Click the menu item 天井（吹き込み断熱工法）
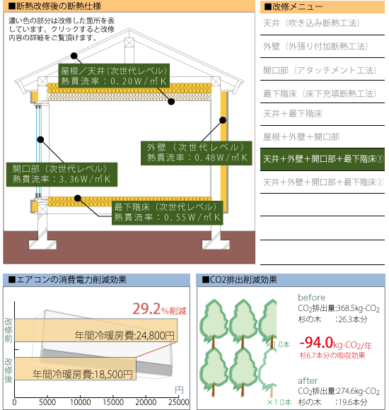click(311, 23)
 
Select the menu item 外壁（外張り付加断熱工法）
click(315, 47)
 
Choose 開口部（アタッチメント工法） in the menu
click(320, 70)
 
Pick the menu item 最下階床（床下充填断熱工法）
click(320, 93)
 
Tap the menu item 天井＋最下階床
click(293, 114)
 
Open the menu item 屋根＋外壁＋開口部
click(301, 136)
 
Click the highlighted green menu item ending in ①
click(323, 159)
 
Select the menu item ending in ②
click(323, 182)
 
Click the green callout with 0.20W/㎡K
click(114, 76)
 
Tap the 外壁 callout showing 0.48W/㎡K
click(196, 153)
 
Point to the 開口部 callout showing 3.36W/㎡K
click(62, 175)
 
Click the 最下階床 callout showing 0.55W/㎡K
click(168, 213)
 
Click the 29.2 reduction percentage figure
click(146, 309)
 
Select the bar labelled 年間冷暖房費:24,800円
click(96, 330)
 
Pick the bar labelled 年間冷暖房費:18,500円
click(76, 369)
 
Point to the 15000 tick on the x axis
click(113, 402)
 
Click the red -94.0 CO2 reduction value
click(316, 343)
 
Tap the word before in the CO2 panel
click(312, 298)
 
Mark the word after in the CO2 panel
click(308, 380)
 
